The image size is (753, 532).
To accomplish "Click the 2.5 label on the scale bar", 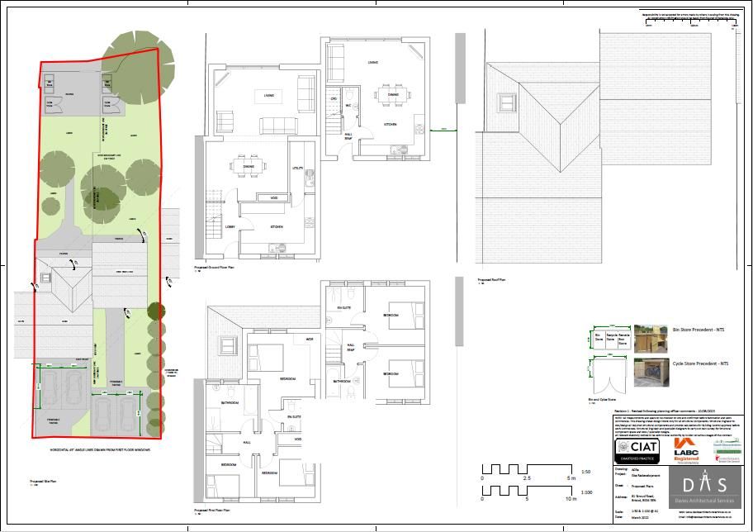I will [x=526, y=478].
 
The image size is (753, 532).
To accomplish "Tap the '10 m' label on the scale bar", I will [x=570, y=499].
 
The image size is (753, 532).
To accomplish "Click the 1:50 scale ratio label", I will [x=586, y=472].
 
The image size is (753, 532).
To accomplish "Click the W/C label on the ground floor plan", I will [x=349, y=106].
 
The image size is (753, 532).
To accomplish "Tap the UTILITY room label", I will [x=298, y=169].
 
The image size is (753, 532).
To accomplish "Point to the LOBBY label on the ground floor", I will [x=234, y=226].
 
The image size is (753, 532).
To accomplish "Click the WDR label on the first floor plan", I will [x=310, y=340].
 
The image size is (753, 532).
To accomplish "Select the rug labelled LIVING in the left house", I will [x=269, y=95].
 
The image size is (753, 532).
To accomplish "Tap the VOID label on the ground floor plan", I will [x=273, y=197].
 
